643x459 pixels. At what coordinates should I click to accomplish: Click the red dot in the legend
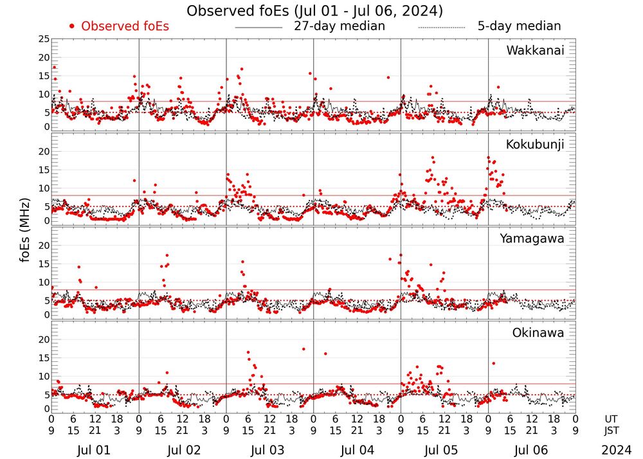72,26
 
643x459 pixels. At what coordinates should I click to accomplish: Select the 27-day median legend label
340,26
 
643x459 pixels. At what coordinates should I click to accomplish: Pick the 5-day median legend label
519,26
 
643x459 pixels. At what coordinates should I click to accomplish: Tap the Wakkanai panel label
535,50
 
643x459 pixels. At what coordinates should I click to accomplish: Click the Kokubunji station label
534,145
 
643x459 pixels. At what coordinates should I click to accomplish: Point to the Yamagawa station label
532,239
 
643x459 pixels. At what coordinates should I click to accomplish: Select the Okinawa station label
538,333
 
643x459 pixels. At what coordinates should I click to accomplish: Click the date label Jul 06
531,450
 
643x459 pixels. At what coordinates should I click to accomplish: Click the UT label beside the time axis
612,418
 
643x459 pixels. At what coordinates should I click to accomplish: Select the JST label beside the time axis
612,430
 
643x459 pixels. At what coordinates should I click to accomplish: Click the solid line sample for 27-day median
258,28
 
